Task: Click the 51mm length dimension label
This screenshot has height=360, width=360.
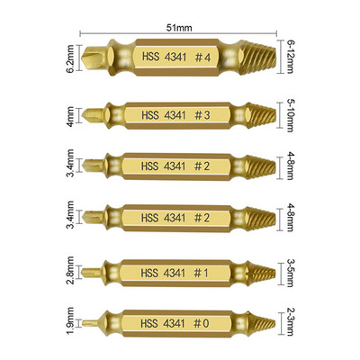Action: tap(179, 28)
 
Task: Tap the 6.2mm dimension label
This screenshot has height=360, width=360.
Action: tap(70, 58)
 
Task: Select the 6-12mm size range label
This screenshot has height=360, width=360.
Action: tap(290, 57)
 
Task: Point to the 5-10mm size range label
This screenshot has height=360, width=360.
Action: tap(290, 115)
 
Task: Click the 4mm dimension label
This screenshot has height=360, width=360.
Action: tap(70, 116)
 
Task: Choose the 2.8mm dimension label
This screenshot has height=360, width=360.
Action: tap(70, 271)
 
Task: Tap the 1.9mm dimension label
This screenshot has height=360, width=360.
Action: tap(70, 321)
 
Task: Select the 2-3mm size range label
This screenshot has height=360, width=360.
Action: tap(290, 323)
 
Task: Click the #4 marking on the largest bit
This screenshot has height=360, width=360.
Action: tap(202, 57)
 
